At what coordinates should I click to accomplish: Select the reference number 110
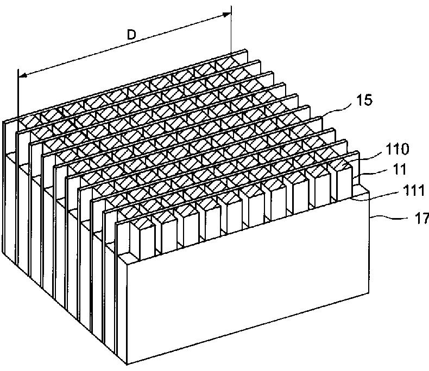[x=399, y=148]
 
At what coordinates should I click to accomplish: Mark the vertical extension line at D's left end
[x=17, y=163]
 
